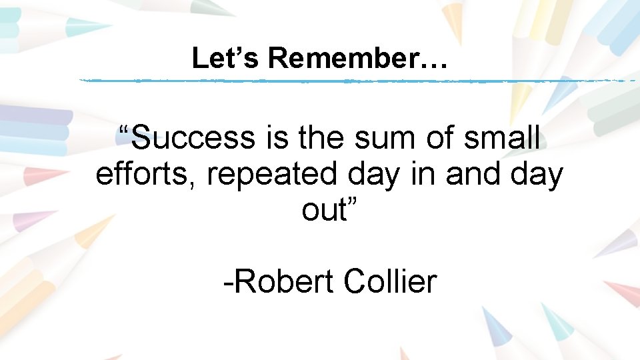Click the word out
click(x=324, y=211)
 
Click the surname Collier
click(x=390, y=281)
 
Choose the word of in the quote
click(x=441, y=139)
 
